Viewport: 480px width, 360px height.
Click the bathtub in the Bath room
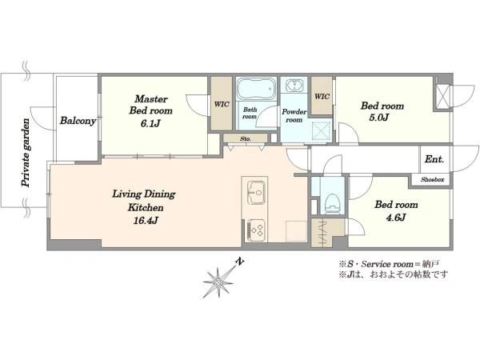pyautogui.click(x=256, y=89)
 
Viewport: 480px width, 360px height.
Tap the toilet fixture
pyautogui.click(x=332, y=203)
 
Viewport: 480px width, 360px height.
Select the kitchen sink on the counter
pyautogui.click(x=256, y=192)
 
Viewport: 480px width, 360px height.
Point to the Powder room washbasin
pyautogui.click(x=294, y=85)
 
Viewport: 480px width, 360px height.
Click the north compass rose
pyautogui.click(x=218, y=282)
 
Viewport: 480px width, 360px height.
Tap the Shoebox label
pyautogui.click(x=432, y=180)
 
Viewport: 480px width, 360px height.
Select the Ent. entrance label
pyautogui.click(x=434, y=159)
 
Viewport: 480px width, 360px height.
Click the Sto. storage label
pyautogui.click(x=246, y=138)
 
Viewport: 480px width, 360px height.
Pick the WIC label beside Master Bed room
pyautogui.click(x=222, y=104)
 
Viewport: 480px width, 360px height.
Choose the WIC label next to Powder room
pyautogui.click(x=322, y=97)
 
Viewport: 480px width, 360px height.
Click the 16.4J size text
pyautogui.click(x=146, y=221)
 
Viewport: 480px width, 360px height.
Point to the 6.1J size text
pyautogui.click(x=150, y=123)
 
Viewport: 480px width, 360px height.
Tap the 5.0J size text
pyautogui.click(x=379, y=118)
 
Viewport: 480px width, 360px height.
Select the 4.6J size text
pyautogui.click(x=395, y=218)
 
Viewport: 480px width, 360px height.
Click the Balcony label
pyautogui.click(x=78, y=121)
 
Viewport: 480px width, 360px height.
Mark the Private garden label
pyautogui.click(x=26, y=153)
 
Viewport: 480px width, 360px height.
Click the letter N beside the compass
pyautogui.click(x=240, y=262)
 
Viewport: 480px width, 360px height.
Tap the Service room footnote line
pyautogui.click(x=389, y=263)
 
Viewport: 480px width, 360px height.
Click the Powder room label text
pyautogui.click(x=294, y=116)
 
